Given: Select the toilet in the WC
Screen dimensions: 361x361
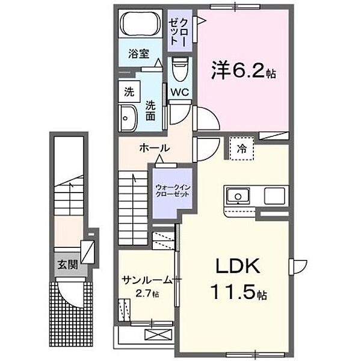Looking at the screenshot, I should (x=179, y=70).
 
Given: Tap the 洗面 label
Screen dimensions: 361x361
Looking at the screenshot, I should (x=151, y=110).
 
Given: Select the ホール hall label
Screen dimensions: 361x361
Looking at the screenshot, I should (x=154, y=148).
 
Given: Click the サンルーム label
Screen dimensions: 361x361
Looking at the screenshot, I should (x=145, y=280).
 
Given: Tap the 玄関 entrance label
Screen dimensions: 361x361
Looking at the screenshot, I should (x=67, y=264).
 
